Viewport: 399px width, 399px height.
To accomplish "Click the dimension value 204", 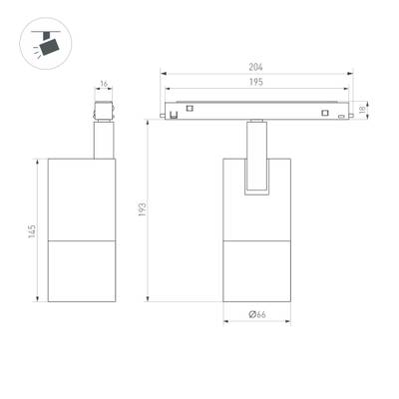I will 258,69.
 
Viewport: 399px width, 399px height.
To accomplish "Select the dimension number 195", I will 258,85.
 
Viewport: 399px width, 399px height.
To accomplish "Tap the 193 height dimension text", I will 143,210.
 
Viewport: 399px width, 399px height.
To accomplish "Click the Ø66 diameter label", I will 257,315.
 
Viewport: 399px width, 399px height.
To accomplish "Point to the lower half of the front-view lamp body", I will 257,268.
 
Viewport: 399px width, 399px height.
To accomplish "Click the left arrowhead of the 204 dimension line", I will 166,75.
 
